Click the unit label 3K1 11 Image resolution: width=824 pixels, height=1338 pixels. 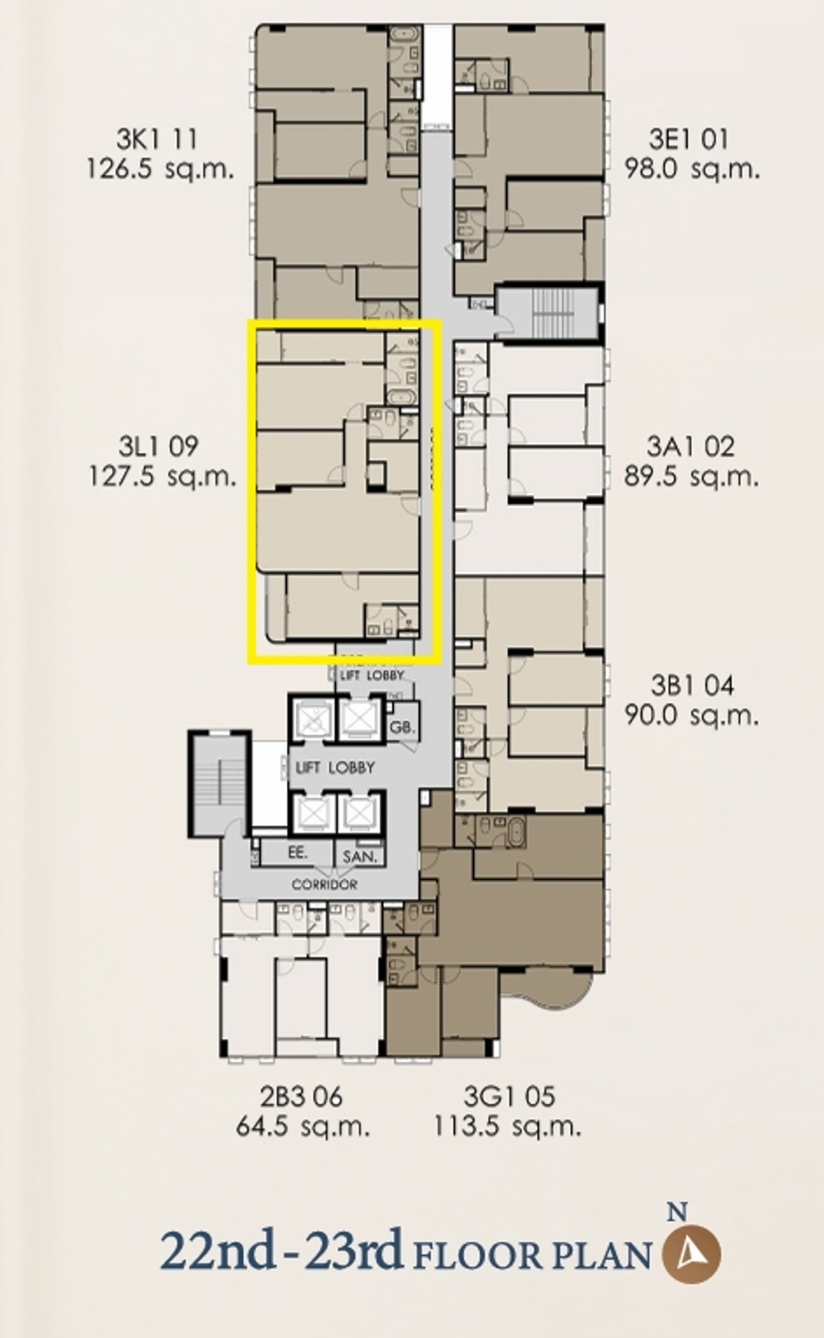point(157,139)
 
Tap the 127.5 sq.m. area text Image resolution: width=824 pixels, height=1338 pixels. point(162,476)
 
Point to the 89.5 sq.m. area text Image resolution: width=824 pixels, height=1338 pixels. point(691,476)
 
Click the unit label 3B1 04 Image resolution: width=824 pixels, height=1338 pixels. point(691,685)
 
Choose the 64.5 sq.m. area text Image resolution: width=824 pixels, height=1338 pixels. point(302,1127)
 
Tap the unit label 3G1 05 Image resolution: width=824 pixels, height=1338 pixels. point(509,1096)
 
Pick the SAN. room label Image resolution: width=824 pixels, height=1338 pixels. point(360,857)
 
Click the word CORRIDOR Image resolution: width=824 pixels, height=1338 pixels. point(324,885)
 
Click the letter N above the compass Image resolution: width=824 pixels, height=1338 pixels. point(678,1212)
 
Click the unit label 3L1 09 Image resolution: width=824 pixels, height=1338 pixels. point(159,447)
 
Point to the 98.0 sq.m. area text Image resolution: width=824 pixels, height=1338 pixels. point(691,169)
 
